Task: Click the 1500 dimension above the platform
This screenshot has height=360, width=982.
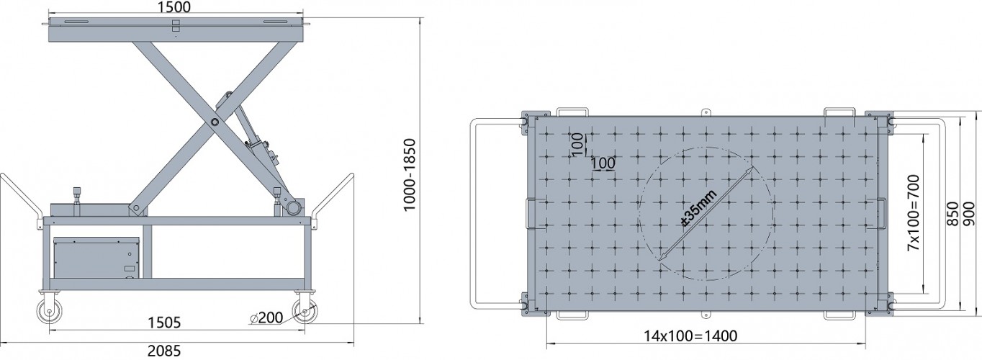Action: tap(174, 7)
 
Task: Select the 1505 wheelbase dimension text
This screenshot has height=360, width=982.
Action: tap(164, 323)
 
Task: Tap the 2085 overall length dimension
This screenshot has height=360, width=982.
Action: tap(164, 351)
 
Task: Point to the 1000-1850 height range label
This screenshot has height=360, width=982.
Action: tap(409, 174)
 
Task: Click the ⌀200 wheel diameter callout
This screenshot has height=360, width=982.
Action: tap(266, 318)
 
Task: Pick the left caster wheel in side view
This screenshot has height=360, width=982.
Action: tap(50, 312)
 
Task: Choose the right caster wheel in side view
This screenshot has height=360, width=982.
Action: tap(305, 312)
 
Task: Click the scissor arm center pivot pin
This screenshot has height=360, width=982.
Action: tap(215, 122)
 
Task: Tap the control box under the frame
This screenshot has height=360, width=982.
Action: tap(96, 258)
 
